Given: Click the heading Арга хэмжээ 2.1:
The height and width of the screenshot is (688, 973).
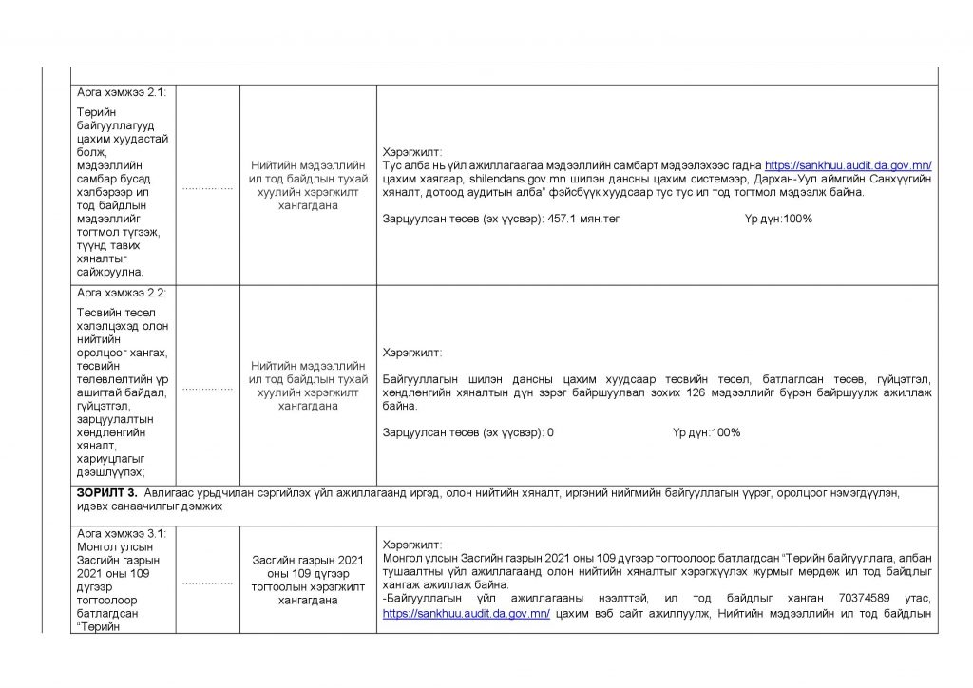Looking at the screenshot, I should (121, 92).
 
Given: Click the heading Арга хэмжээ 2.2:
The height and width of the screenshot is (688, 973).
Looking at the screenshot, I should (121, 292).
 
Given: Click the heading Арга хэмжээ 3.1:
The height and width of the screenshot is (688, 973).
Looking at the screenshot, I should (121, 533).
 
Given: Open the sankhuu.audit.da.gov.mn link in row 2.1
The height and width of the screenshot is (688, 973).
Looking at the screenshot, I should (848, 165).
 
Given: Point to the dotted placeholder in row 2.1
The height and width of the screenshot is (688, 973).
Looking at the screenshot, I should (207, 188).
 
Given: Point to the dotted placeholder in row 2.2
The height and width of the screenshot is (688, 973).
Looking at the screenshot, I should (207, 389).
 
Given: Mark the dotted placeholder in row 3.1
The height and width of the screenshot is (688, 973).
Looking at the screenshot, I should (207, 581).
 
